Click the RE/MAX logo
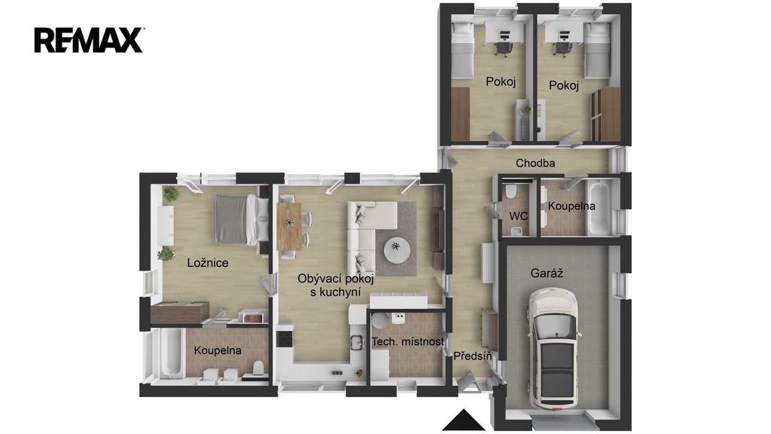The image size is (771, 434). pyautogui.click(x=89, y=40)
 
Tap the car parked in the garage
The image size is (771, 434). pyautogui.click(x=553, y=349)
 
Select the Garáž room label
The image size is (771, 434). pyautogui.click(x=547, y=273)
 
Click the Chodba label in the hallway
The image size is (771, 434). pyautogui.click(x=535, y=163)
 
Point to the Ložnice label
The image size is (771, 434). pyautogui.click(x=208, y=263)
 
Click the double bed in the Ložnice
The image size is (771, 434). pyautogui.click(x=242, y=219)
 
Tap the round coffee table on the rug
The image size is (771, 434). pyautogui.click(x=397, y=250)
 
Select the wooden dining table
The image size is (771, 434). pyautogui.click(x=289, y=226)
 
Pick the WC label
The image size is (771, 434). pyautogui.click(x=518, y=216)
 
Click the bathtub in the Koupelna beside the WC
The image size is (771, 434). pyautogui.click(x=599, y=208)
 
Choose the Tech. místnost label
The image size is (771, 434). pyautogui.click(x=407, y=341)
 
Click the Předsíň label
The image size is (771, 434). pyautogui.click(x=473, y=356)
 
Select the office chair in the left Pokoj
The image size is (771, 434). pyautogui.click(x=504, y=47)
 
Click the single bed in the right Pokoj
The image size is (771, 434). pyautogui.click(x=597, y=50)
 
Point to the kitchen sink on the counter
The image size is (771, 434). pyautogui.click(x=357, y=342)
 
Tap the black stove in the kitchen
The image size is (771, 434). pyautogui.click(x=285, y=339)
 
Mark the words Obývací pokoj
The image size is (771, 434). pyautogui.click(x=336, y=279)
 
